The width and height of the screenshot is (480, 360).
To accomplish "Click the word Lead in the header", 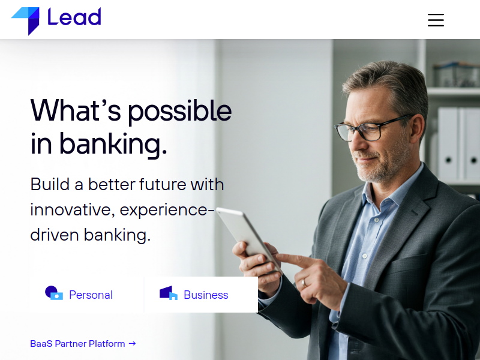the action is (74, 17).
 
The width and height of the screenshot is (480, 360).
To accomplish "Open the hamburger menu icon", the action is (436, 20).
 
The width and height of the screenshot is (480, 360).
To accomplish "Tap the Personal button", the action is (86, 295).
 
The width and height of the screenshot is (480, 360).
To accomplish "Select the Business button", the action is (201, 295).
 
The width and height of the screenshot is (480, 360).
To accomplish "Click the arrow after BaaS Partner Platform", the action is (132, 343).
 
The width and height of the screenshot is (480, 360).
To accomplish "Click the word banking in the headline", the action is (113, 145).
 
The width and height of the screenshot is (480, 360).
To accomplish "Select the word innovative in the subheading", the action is (73, 209).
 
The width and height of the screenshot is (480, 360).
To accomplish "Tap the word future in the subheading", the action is (163, 184).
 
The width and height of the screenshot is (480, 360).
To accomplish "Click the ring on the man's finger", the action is (304, 283).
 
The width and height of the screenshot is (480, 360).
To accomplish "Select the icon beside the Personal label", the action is (54, 293).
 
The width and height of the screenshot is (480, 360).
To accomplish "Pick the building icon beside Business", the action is (169, 293).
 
